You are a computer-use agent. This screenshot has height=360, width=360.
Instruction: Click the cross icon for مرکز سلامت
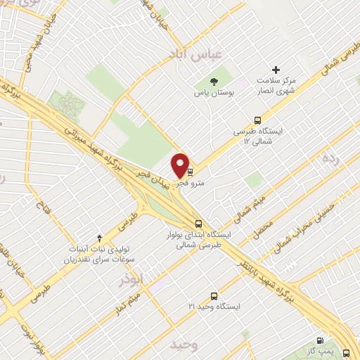click(x=276, y=70)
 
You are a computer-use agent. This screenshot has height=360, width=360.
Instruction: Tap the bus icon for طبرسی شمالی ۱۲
click(x=257, y=119)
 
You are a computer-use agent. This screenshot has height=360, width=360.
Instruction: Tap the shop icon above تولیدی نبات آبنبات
click(x=99, y=238)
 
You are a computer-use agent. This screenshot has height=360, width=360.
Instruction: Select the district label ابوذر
click(x=130, y=278)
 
